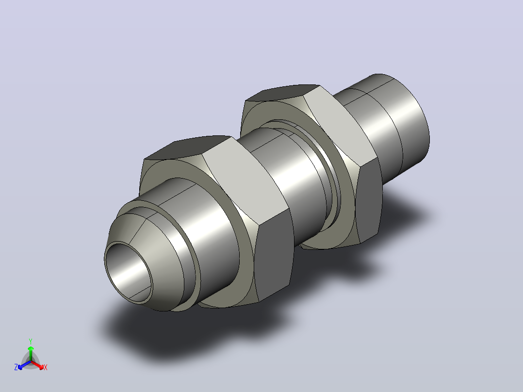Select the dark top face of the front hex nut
[x=188, y=147]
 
